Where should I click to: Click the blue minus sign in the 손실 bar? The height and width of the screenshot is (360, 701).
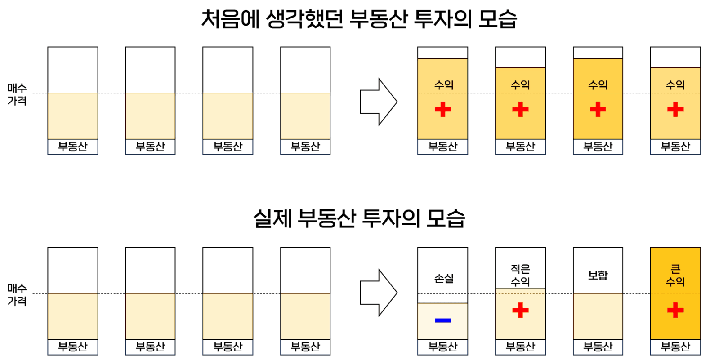click(443, 320)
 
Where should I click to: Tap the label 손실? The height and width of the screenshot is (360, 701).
click(444, 278)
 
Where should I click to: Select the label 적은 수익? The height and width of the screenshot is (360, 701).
click(520, 275)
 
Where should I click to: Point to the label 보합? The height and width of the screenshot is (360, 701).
click(598, 275)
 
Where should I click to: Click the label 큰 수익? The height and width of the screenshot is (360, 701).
click(675, 275)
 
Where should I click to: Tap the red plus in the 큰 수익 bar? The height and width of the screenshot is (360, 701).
click(675, 310)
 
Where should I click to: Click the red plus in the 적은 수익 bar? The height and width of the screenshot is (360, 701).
click(520, 310)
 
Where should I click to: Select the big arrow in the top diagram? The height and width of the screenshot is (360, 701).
click(379, 102)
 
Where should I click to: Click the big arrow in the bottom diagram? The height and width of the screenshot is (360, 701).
click(379, 293)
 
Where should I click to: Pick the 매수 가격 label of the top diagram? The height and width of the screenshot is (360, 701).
click(17, 94)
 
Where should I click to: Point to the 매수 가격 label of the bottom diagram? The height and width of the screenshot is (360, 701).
click(17, 295)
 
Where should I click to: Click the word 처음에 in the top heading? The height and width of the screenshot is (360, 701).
click(230, 19)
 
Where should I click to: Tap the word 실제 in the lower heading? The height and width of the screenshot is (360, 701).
click(272, 218)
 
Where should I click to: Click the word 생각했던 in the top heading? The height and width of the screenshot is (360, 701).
click(304, 19)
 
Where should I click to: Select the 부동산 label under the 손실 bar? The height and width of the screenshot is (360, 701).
click(443, 347)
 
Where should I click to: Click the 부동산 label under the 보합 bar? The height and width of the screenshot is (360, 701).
click(598, 347)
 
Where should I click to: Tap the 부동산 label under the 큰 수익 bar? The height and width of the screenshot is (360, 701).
click(675, 347)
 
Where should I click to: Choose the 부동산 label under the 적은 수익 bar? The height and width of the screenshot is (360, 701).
click(520, 347)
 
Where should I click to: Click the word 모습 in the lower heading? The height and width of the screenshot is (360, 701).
click(446, 218)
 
